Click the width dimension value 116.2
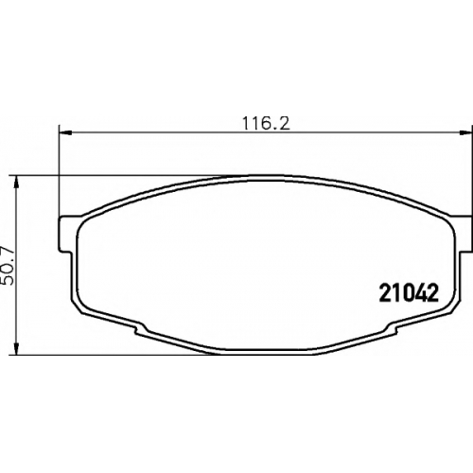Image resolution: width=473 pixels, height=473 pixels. point(266,123)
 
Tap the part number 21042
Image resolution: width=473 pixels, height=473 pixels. point(409,293)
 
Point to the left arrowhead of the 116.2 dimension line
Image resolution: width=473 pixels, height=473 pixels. point(65,133)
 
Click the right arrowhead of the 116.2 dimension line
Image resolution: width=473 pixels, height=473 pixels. point(465,133)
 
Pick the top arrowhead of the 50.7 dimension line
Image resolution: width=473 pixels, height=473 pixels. point(17,183)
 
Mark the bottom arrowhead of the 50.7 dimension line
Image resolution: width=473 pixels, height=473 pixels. point(17,349)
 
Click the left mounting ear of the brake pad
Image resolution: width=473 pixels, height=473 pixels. point(67,234)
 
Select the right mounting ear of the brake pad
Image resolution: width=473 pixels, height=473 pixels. point(464,234)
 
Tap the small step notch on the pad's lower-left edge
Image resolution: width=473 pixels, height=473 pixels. point(140,329)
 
